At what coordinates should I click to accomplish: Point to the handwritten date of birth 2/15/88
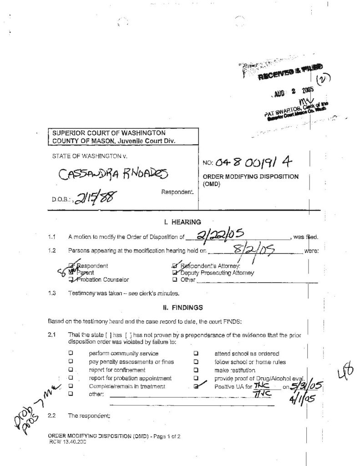(x=102, y=198)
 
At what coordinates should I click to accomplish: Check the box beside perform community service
(x=71, y=353)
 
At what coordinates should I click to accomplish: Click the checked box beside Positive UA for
(x=196, y=387)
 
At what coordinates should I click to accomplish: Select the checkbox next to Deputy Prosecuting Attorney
(x=175, y=273)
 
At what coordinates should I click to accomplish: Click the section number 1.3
(x=52, y=294)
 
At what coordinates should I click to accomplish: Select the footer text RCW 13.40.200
(x=67, y=441)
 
